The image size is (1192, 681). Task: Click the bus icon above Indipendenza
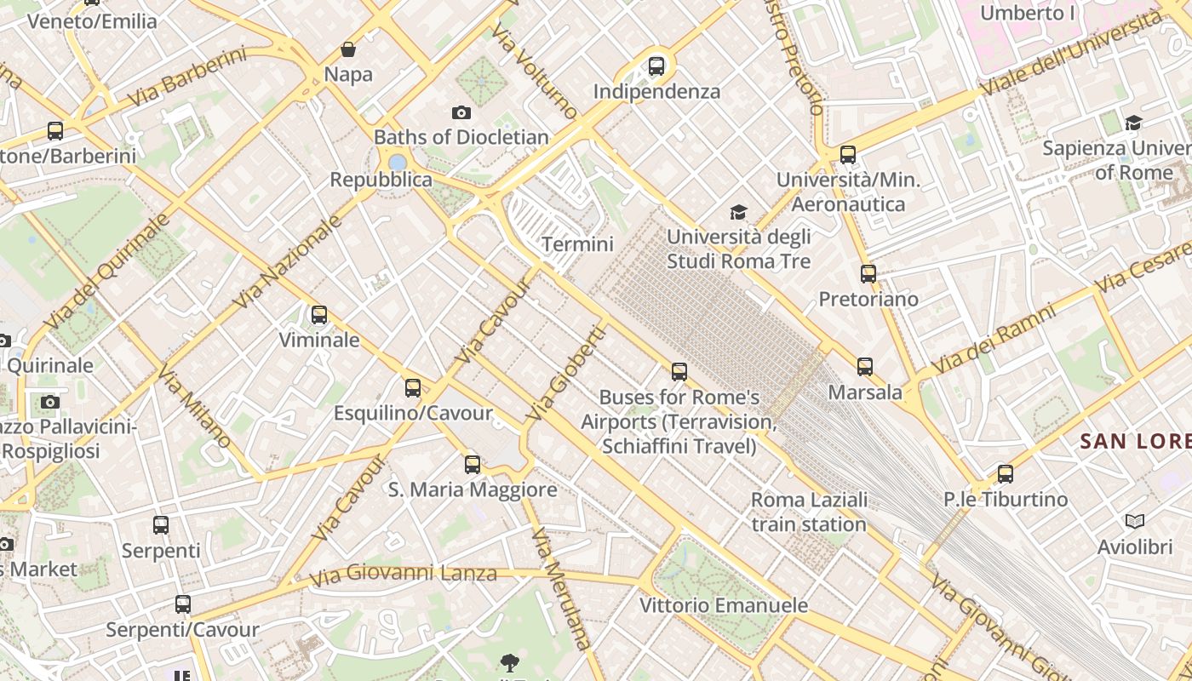click(x=656, y=66)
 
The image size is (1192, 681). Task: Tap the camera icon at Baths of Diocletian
click(x=461, y=112)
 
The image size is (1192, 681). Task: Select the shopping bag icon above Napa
click(x=347, y=49)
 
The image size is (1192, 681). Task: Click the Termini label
click(x=577, y=244)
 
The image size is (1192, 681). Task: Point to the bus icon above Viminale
click(x=319, y=315)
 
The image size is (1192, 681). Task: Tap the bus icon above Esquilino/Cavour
click(x=413, y=388)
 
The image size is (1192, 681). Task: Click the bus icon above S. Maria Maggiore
click(x=473, y=464)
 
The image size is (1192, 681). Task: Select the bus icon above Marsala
click(x=865, y=367)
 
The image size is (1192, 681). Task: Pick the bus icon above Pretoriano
click(x=868, y=274)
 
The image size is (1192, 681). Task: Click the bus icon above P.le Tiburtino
click(x=1006, y=474)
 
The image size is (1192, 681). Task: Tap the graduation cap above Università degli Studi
click(x=738, y=212)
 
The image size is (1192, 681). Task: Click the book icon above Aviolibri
click(x=1135, y=521)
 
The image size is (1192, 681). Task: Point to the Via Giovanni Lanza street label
click(x=403, y=575)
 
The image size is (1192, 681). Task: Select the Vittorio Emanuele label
click(x=723, y=605)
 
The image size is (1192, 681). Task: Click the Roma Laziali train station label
click(x=809, y=512)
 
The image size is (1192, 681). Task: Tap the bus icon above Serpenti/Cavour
click(x=183, y=604)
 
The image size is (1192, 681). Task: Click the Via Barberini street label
click(x=186, y=77)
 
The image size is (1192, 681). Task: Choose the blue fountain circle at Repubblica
click(x=397, y=162)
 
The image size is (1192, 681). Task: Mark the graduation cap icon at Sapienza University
click(x=1133, y=123)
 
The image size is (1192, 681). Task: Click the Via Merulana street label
click(x=560, y=588)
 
